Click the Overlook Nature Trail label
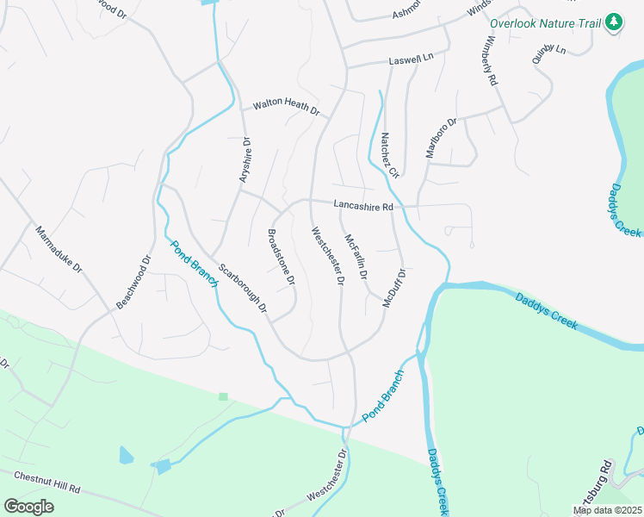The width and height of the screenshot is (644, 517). [545, 23]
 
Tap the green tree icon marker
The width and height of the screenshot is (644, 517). [613, 22]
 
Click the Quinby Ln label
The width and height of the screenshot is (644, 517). [549, 55]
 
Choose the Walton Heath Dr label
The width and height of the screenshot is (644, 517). [286, 109]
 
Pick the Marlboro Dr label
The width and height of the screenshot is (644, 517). [441, 138]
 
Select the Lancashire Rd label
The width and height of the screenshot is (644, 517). [363, 206]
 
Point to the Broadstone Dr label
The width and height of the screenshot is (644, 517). [281, 257]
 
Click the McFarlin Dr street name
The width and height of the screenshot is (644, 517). [356, 257]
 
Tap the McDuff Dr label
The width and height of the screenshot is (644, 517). [393, 288]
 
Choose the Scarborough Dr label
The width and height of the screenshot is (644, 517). [243, 288]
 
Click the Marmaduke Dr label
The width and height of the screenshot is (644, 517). [59, 250]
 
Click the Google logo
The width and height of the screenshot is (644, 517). [28, 507]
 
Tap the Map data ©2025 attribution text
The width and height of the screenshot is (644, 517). [606, 510]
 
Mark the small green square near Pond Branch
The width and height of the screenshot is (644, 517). [223, 396]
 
